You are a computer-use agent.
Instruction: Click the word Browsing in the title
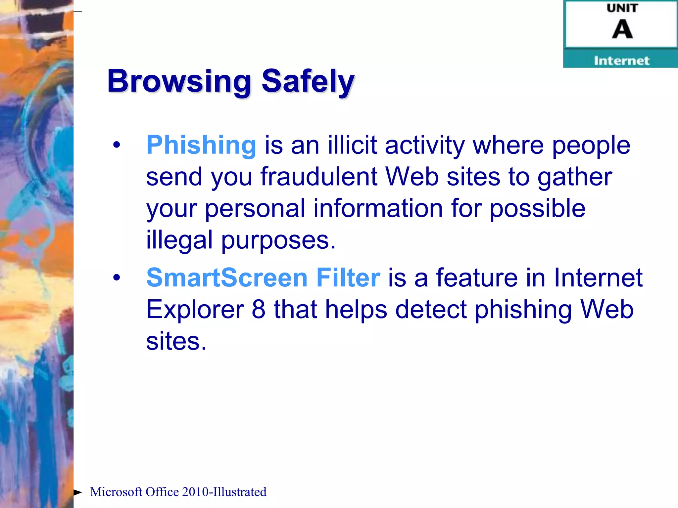pos(179,81)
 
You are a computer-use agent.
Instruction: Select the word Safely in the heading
pos(308,81)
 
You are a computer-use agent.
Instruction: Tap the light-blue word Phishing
pos(201,145)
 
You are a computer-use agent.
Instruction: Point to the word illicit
pos(352,145)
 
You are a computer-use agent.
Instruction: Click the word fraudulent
pos(319,177)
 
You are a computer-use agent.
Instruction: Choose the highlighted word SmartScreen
pos(227,277)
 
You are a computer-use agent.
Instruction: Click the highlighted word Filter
pos(348,277)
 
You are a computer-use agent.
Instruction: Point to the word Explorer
pos(195,310)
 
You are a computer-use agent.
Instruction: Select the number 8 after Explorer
pos(259,310)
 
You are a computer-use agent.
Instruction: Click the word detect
pos(431,310)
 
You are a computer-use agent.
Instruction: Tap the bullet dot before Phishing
pos(117,145)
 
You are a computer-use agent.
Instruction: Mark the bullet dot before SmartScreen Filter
pos(117,277)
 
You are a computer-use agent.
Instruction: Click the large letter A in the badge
pos(622,29)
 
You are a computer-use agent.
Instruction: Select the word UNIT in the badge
pos(622,8)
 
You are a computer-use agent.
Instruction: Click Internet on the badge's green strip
pos(621,61)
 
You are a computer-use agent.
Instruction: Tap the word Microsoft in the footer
pos(116,492)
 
